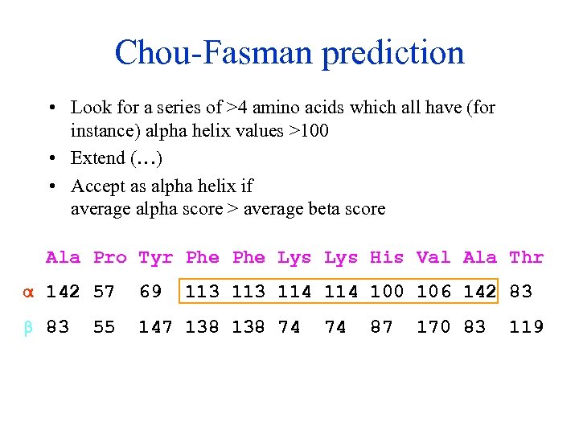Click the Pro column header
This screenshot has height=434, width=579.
coord(110,257)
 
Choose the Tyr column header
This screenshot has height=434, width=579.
coord(156,258)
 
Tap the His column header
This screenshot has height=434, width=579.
coord(387,257)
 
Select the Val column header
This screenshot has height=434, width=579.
coord(433,257)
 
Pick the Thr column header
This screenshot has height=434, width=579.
coord(527,257)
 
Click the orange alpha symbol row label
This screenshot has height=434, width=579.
coord(26,292)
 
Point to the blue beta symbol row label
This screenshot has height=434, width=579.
coord(26,328)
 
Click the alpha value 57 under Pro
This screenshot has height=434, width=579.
coord(105,291)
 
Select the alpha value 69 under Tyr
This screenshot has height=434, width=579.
coord(150,291)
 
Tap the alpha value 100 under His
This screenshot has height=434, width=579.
coord(387,291)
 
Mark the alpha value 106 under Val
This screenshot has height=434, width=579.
coord(433,291)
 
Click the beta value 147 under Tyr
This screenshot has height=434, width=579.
coord(156,326)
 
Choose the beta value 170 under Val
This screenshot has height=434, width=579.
coord(433,326)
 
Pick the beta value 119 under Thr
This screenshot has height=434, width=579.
coord(527,326)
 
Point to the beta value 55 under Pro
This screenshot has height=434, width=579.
coord(105,326)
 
